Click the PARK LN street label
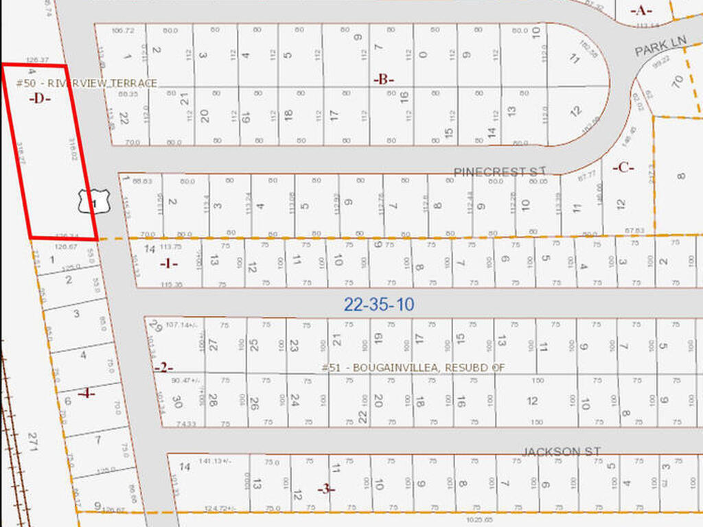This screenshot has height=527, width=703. [x=660, y=47]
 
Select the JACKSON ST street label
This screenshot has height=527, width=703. [x=561, y=452]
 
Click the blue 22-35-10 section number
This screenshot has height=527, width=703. [x=379, y=305]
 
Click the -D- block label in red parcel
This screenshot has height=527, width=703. [x=41, y=98]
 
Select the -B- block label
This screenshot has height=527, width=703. [x=384, y=79]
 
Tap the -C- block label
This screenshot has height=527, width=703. [x=623, y=167]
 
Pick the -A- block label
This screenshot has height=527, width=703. [x=641, y=10]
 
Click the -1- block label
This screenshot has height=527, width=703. [x=169, y=263]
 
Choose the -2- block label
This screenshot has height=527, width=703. [x=163, y=368]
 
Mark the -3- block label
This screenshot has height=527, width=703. [x=326, y=489]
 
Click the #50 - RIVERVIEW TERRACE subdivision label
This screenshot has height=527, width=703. [x=87, y=83]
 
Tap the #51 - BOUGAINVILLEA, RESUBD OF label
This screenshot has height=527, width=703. [x=413, y=368]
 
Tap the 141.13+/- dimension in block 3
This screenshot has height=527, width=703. [x=214, y=461]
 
